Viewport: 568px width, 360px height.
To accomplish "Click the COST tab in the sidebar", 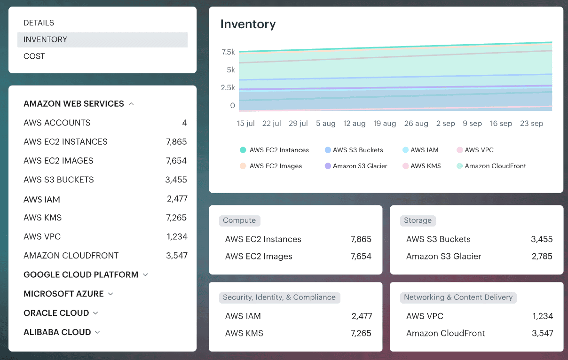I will (34, 56).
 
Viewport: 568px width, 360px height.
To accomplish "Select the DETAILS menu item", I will (39, 23).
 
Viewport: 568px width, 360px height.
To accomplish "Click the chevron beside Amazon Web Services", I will (131, 104).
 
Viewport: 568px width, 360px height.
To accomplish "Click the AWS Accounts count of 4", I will (184, 123).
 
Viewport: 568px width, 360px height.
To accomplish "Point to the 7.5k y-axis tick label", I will (228, 52).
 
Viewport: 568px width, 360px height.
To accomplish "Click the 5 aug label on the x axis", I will (325, 124).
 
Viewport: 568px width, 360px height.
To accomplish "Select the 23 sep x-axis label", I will (531, 124).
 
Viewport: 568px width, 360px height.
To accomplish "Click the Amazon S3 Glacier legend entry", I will (360, 166).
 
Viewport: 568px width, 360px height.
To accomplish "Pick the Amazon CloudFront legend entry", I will (495, 166).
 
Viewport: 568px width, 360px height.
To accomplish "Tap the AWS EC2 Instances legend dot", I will (243, 150).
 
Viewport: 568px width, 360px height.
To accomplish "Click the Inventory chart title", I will (248, 24).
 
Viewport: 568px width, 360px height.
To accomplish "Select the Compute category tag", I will (239, 220).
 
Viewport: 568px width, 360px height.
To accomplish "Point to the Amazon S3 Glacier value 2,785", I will (542, 257).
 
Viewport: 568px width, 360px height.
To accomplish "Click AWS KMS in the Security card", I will (244, 333).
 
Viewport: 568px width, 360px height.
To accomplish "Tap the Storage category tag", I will (418, 220).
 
